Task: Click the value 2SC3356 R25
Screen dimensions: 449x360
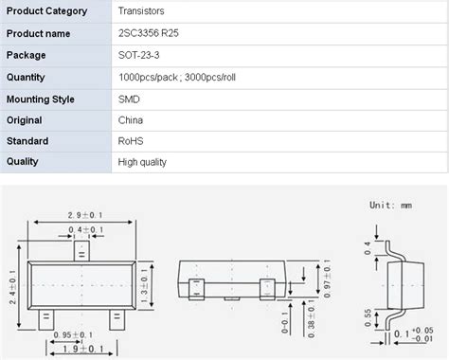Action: pyautogui.click(x=149, y=33)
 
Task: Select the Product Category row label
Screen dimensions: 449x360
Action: pyautogui.click(x=47, y=11)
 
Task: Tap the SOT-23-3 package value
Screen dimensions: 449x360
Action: pyautogui.click(x=138, y=55)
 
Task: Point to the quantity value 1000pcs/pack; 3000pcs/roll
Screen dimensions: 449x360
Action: pyautogui.click(x=177, y=78)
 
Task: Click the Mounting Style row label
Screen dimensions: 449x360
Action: pyautogui.click(x=41, y=99)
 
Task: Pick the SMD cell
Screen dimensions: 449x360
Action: pyautogui.click(x=129, y=99)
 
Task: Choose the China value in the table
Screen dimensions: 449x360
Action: pyautogui.click(x=131, y=120)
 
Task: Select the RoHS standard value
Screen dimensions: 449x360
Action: pyautogui.click(x=131, y=141)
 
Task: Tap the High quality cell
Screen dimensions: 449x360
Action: pyautogui.click(x=142, y=162)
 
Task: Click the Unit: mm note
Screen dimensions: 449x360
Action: pyautogui.click(x=390, y=206)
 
